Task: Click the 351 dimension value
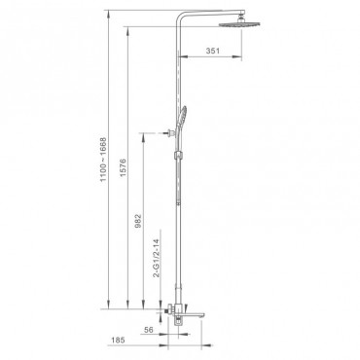[x=213, y=51]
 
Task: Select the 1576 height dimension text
[x=123, y=167]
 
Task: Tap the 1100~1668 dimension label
[x=103, y=160]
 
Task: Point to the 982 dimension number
[x=138, y=221]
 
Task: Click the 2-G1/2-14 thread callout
[x=157, y=258]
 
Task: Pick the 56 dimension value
[x=149, y=330]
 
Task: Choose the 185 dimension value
[x=118, y=341]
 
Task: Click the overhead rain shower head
[x=239, y=24]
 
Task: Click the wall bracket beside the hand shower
[x=168, y=132]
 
